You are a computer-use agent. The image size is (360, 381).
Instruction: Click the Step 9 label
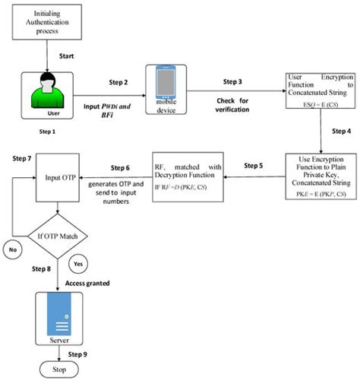79,354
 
